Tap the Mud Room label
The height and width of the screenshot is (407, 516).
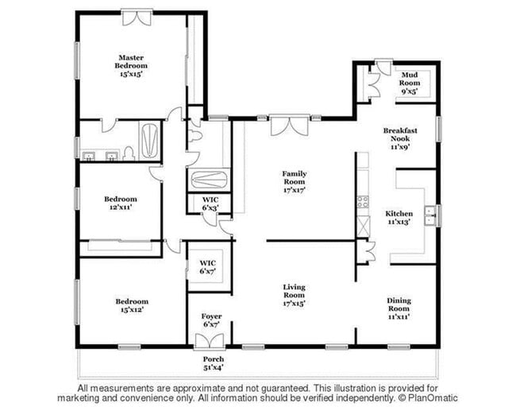click(x=410, y=83)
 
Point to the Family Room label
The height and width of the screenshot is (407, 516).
click(x=294, y=182)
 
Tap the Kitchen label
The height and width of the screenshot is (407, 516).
click(x=399, y=218)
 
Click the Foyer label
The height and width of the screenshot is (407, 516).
click(x=211, y=320)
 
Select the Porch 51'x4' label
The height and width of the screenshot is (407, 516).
click(x=214, y=363)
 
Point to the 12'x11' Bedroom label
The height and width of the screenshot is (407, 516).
click(x=121, y=203)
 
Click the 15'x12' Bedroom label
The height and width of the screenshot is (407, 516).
click(x=132, y=305)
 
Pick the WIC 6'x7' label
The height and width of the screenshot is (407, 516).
click(x=208, y=266)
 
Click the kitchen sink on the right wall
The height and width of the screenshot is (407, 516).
click(x=430, y=214)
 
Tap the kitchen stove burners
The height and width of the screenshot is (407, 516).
click(x=363, y=202)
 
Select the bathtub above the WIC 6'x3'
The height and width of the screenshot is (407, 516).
click(x=210, y=180)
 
